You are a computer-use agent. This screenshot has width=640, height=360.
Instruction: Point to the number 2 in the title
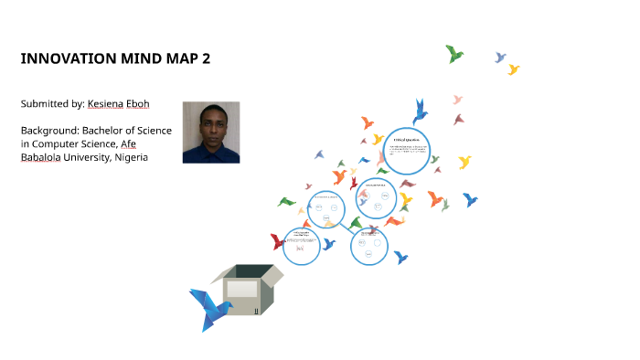206,59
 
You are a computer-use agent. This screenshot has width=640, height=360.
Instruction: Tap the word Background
52,131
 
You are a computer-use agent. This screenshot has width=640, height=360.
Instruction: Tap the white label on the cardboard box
242,290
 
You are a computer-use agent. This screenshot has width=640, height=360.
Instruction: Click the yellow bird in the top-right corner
514,69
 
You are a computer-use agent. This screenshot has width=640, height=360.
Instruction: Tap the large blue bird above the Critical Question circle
420,111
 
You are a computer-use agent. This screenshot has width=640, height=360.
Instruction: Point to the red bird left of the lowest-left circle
278,242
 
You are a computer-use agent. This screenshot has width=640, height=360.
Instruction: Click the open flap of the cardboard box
272,273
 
